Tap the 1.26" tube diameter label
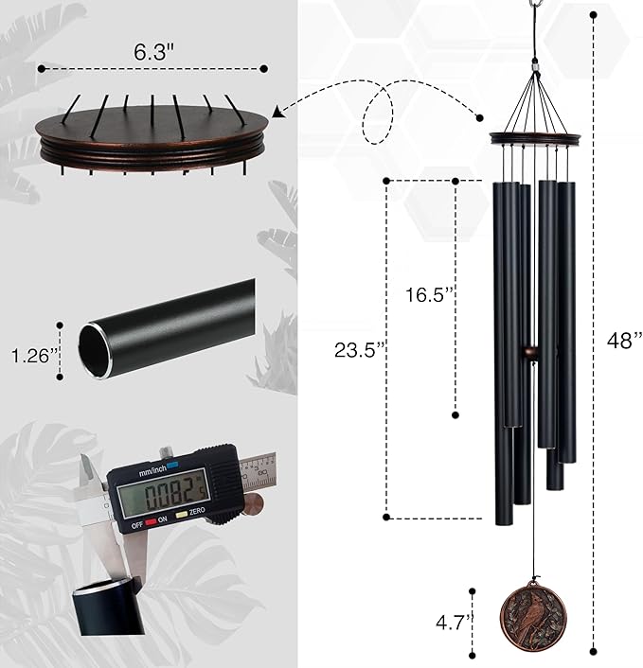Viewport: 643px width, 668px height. pyautogui.click(x=30, y=356)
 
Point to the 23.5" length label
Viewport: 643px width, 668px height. pyautogui.click(x=360, y=348)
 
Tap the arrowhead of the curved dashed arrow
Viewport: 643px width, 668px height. pyautogui.click(x=277, y=111)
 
